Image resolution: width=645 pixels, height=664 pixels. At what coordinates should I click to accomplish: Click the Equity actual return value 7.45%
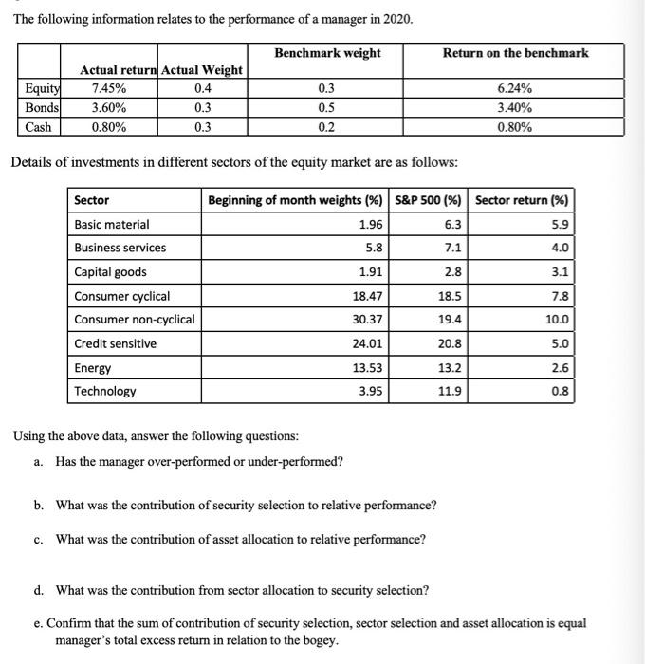pos(105,88)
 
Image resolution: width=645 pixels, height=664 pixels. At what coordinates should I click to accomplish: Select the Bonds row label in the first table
pos(40,107)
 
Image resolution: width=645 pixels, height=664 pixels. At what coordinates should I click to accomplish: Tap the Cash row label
pos(38,126)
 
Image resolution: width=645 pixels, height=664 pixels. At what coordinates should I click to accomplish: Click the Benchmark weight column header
pos(327,53)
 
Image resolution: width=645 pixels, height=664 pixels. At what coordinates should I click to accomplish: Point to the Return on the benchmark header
pos(515,53)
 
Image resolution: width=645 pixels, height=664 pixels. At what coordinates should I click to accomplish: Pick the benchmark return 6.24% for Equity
pos(514,88)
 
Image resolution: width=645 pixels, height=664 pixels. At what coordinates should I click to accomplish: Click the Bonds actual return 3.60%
pos(105,107)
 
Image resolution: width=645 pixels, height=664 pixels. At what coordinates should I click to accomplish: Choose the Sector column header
pos(92,200)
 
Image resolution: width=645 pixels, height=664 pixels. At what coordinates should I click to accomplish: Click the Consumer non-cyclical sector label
pos(134,320)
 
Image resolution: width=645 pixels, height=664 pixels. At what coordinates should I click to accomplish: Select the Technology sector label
pos(104,391)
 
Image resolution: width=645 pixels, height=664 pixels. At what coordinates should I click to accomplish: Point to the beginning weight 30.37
pos(366,320)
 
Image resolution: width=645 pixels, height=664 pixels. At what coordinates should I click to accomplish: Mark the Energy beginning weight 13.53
pos(366,368)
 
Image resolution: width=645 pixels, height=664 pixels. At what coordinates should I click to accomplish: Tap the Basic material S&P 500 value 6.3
pos(453,224)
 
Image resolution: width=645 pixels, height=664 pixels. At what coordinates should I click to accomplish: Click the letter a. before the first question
pos(38,462)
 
